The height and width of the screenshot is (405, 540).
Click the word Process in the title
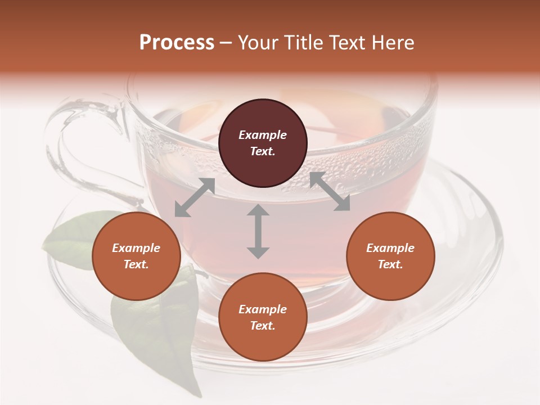click(177, 43)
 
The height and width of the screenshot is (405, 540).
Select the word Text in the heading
click(347, 43)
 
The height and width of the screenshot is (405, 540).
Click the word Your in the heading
click(258, 43)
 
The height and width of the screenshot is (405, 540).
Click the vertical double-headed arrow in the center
click(258, 231)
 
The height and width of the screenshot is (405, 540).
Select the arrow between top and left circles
click(195, 197)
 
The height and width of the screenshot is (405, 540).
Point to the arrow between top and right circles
click(330, 192)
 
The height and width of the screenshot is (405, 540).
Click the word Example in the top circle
click(263, 135)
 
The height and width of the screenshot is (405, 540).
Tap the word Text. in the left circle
click(136, 264)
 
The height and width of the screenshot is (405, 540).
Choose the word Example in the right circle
click(390, 248)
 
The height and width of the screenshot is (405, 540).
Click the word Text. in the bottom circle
click(263, 326)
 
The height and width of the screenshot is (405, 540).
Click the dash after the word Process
click(226, 43)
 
